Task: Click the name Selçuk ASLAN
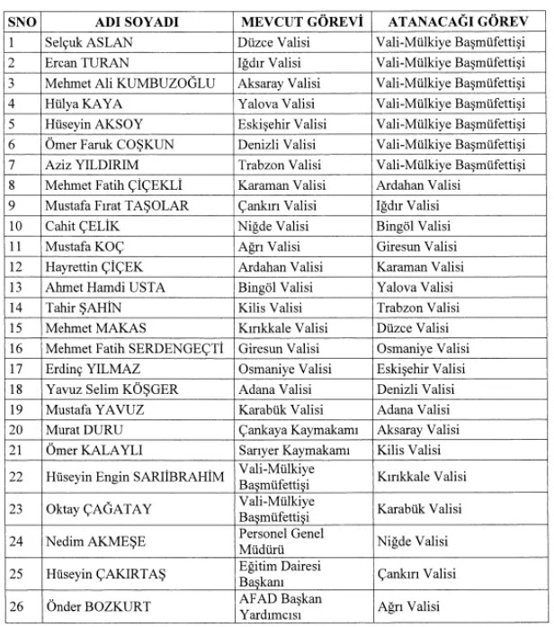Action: click(x=86, y=42)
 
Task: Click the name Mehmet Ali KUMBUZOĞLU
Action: click(x=130, y=83)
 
